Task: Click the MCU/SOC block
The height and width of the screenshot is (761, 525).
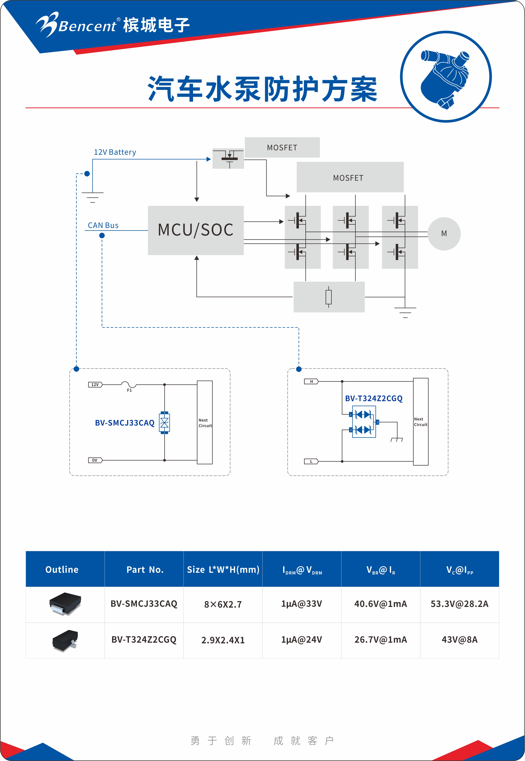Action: pyautogui.click(x=196, y=230)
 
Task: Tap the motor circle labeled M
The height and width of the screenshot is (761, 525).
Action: pyautogui.click(x=444, y=234)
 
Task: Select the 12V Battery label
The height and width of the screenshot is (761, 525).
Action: pyautogui.click(x=115, y=152)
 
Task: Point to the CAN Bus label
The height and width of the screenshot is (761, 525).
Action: pyautogui.click(x=103, y=225)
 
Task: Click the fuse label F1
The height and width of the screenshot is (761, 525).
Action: pyautogui.click(x=129, y=390)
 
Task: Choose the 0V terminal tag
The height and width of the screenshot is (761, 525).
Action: pyautogui.click(x=95, y=460)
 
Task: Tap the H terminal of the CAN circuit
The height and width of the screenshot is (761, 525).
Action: pyautogui.click(x=311, y=382)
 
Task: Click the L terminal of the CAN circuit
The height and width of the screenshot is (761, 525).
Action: pyautogui.click(x=311, y=462)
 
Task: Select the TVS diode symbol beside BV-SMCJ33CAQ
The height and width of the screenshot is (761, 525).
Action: pyautogui.click(x=164, y=423)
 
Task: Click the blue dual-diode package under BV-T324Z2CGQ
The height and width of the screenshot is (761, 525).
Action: pyautogui.click(x=364, y=422)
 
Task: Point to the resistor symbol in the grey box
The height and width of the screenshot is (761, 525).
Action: pyautogui.click(x=328, y=297)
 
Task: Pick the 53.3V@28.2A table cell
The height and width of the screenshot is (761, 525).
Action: pyautogui.click(x=459, y=604)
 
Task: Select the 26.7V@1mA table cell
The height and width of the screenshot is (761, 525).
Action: pyautogui.click(x=381, y=640)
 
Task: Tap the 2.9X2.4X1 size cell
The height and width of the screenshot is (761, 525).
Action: pyautogui.click(x=223, y=640)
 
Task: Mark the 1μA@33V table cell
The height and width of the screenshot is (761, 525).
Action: pyautogui.click(x=302, y=604)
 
